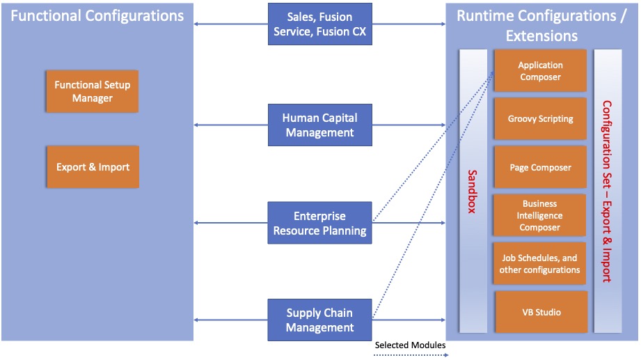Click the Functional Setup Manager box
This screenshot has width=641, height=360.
pos(93,91)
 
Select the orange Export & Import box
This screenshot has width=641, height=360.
pos(93,167)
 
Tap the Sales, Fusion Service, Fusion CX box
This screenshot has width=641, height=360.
pos(319,24)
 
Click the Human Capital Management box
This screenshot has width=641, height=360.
pos(319,125)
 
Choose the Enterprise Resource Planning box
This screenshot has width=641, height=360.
pos(319,223)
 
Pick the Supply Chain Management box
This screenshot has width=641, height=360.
pos(319,320)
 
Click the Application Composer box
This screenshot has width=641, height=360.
pos(540,70)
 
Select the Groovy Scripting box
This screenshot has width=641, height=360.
pos(540,118)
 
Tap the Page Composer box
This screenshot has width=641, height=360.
pos(540,167)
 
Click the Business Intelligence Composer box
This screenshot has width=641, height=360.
pos(540,215)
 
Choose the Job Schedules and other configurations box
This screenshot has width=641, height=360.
pos(540,264)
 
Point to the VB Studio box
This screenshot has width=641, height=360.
pos(541,312)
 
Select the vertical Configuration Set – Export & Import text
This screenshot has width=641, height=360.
pos(607,191)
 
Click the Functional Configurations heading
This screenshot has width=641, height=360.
pos(97,15)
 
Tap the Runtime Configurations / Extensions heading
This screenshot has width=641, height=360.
pos(541,25)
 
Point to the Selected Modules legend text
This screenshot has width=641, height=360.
pos(410,345)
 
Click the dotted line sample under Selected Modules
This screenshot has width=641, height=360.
pos(410,354)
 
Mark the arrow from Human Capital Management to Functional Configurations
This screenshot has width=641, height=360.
pos(230,125)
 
